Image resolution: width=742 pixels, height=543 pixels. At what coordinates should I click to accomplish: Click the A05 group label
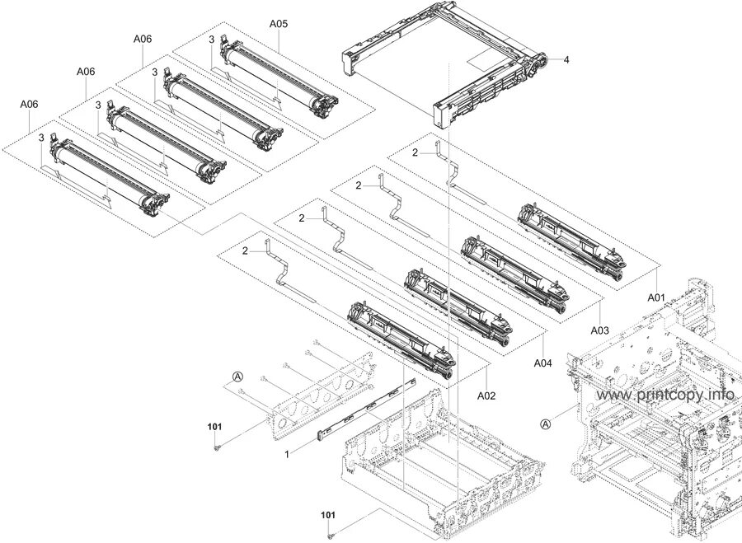[x=278, y=24]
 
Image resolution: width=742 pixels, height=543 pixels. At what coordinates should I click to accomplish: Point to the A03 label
[x=599, y=330]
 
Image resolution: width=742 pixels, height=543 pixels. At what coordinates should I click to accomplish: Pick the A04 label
[x=542, y=363]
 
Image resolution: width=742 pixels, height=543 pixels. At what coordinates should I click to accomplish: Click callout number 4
[x=566, y=59]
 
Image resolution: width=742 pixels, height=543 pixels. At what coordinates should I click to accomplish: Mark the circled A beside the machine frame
[x=545, y=424]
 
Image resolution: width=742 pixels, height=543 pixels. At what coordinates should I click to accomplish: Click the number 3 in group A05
[x=211, y=40]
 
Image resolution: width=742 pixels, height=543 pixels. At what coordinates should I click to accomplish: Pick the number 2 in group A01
[x=416, y=152]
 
